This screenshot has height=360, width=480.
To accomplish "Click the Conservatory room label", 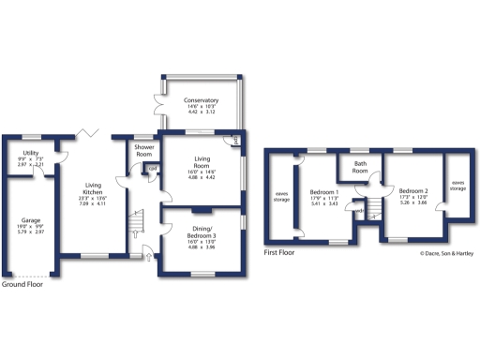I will click(x=202, y=100).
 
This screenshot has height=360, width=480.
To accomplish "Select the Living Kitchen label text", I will click(x=92, y=188).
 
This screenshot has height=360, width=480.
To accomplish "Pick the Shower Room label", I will click(x=144, y=152).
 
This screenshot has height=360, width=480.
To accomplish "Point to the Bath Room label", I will click(x=360, y=167).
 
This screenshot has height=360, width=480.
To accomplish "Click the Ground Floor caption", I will click(x=22, y=284).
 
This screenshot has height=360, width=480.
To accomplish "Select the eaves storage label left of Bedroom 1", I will click(x=281, y=196).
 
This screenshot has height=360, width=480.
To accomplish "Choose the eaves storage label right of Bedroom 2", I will click(x=457, y=186).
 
